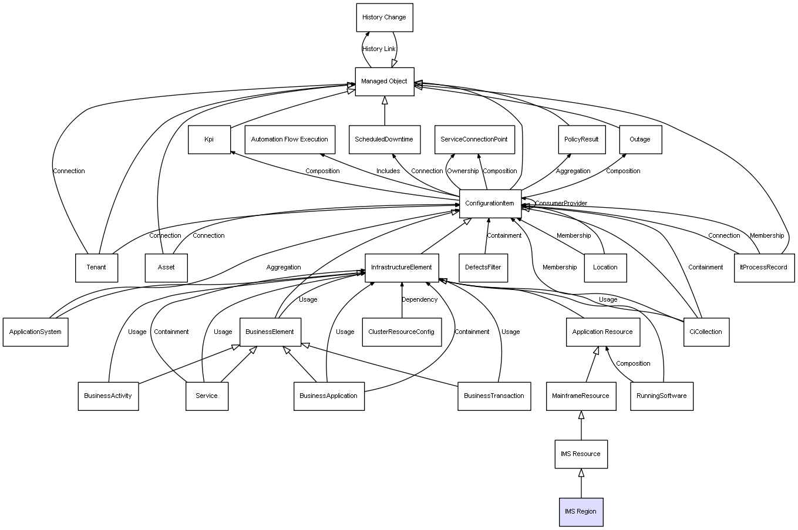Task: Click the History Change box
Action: tap(384, 18)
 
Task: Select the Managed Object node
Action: tap(384, 82)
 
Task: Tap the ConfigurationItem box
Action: tap(490, 204)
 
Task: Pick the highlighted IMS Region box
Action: tap(581, 512)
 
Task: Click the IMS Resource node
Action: tap(581, 454)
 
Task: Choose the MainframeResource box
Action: tap(581, 396)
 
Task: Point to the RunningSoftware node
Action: tap(661, 396)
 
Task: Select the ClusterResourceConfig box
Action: tap(401, 332)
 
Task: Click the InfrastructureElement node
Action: tap(401, 268)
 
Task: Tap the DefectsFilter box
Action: tap(483, 268)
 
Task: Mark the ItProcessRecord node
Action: tap(763, 268)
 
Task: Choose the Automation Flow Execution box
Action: tap(289, 140)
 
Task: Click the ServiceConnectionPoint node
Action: tap(474, 140)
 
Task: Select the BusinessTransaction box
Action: tap(494, 396)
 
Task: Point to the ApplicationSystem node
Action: tap(35, 332)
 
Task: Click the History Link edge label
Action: tap(379, 49)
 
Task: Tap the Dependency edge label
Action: tap(419, 300)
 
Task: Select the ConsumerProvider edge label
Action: tap(561, 204)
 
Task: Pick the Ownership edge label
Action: tap(463, 171)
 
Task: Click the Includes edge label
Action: tap(388, 171)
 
